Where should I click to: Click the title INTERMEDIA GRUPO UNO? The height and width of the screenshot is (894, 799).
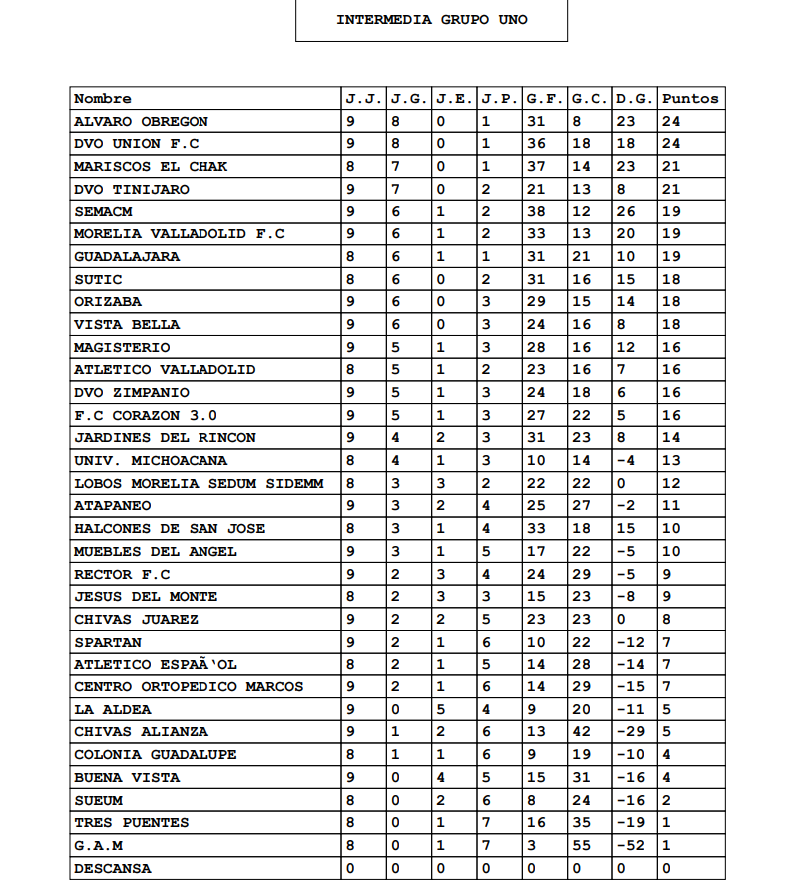431,20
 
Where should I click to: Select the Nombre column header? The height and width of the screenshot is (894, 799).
103,99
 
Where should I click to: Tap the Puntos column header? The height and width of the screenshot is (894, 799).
689,99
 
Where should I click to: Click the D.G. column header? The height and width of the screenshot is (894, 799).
634,99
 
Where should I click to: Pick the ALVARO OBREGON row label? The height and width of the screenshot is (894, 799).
141,122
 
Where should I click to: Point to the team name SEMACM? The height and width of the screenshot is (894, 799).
103,212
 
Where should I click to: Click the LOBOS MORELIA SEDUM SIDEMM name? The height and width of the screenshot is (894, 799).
199,483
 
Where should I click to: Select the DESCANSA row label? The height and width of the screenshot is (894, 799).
113,868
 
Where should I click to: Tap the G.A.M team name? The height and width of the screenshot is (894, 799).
98,845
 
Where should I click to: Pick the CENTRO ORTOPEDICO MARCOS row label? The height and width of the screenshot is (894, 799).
189,686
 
